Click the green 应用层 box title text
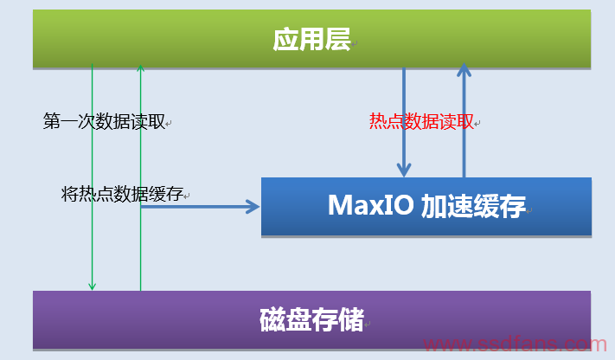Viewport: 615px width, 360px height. point(311,39)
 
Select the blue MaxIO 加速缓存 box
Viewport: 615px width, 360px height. point(426,207)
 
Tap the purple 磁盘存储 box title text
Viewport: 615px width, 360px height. point(311,319)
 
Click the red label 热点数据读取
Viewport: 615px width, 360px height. point(421,121)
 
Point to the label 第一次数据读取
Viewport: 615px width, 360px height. point(105,121)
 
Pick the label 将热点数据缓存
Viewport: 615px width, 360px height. point(122,194)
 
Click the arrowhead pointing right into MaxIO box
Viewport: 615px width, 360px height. point(253,207)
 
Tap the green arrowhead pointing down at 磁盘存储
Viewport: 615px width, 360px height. point(93,286)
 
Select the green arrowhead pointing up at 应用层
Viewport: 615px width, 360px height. point(140,67)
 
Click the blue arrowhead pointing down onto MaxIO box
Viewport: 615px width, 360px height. point(404,170)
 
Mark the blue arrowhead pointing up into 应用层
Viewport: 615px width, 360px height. point(464,70)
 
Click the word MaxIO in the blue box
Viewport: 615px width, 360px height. point(371,205)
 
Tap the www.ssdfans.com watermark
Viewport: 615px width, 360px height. point(515,344)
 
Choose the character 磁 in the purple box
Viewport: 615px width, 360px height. point(272,319)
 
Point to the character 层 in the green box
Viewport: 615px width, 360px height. point(338,39)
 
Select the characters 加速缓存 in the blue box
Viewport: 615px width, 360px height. point(473,206)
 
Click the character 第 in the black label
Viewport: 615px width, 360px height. point(52,121)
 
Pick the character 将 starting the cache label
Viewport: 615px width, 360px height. point(70,194)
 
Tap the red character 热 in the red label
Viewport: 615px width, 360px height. point(378,121)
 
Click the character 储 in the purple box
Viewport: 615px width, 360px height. point(351,319)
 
